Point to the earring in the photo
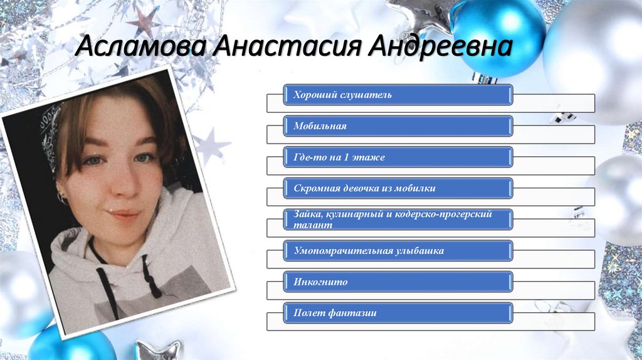(63, 199)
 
